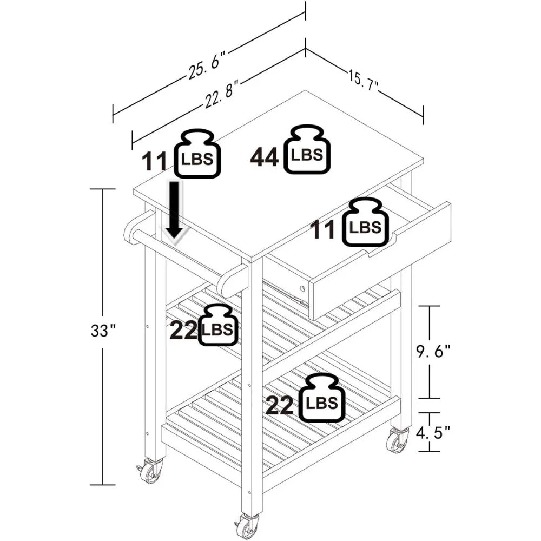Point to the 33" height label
coord(103,331)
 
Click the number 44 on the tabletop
coord(265,157)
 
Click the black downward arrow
coord(175,211)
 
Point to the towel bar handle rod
coord(179,254)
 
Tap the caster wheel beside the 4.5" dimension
coord(397,441)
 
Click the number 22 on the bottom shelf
coord(279,406)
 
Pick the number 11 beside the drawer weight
coord(323,230)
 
